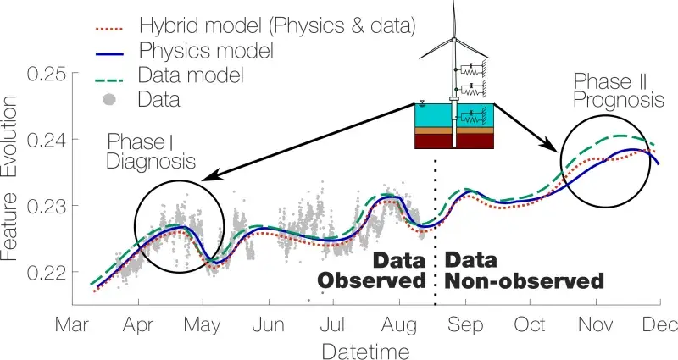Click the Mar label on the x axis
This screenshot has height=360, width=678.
coord(74,324)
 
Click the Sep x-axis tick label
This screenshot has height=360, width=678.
coord(463,324)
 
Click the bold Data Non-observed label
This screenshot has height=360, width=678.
coord(525,269)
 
